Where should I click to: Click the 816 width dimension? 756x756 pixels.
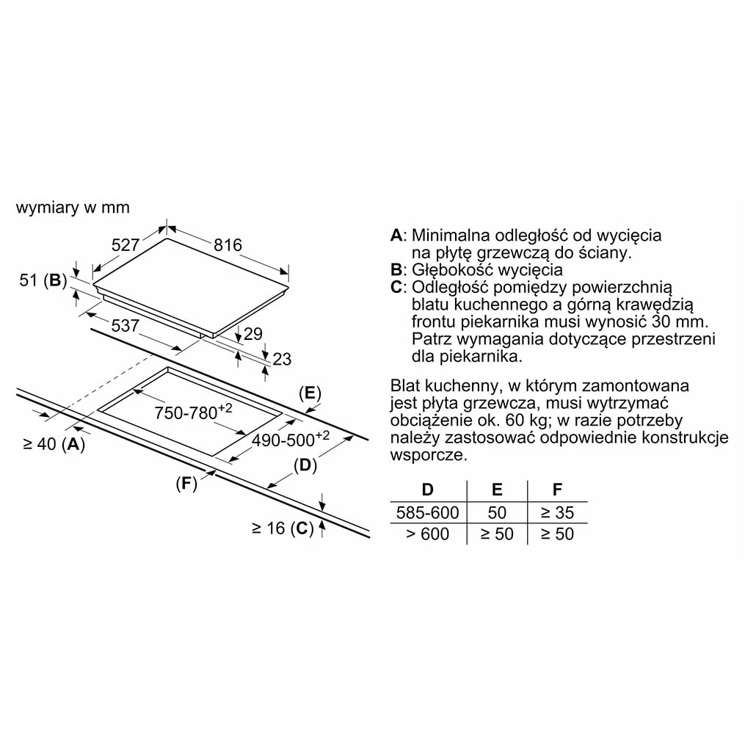(x=228, y=245)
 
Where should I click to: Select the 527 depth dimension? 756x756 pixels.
(x=126, y=245)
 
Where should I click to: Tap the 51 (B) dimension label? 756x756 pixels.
(x=43, y=280)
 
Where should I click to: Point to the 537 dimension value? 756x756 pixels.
(x=126, y=325)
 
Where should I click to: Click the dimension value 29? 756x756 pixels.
(x=253, y=334)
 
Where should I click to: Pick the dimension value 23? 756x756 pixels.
(x=282, y=359)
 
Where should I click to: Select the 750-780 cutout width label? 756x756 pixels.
(x=193, y=412)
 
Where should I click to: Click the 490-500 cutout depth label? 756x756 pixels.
(x=291, y=439)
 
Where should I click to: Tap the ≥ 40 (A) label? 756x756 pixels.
(x=54, y=444)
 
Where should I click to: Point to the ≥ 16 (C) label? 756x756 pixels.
(x=283, y=528)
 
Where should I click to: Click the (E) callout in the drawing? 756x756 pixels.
(x=310, y=393)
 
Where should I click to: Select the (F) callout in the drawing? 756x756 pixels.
(x=186, y=483)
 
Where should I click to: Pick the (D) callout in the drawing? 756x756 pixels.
(x=305, y=465)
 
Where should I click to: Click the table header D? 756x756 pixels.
(x=428, y=490)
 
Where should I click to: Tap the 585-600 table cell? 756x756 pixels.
(x=428, y=512)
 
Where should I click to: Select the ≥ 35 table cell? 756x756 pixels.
(x=557, y=512)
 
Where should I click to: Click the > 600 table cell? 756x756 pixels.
(x=428, y=534)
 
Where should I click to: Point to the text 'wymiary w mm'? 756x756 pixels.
(x=73, y=207)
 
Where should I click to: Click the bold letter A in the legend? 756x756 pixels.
(x=396, y=236)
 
